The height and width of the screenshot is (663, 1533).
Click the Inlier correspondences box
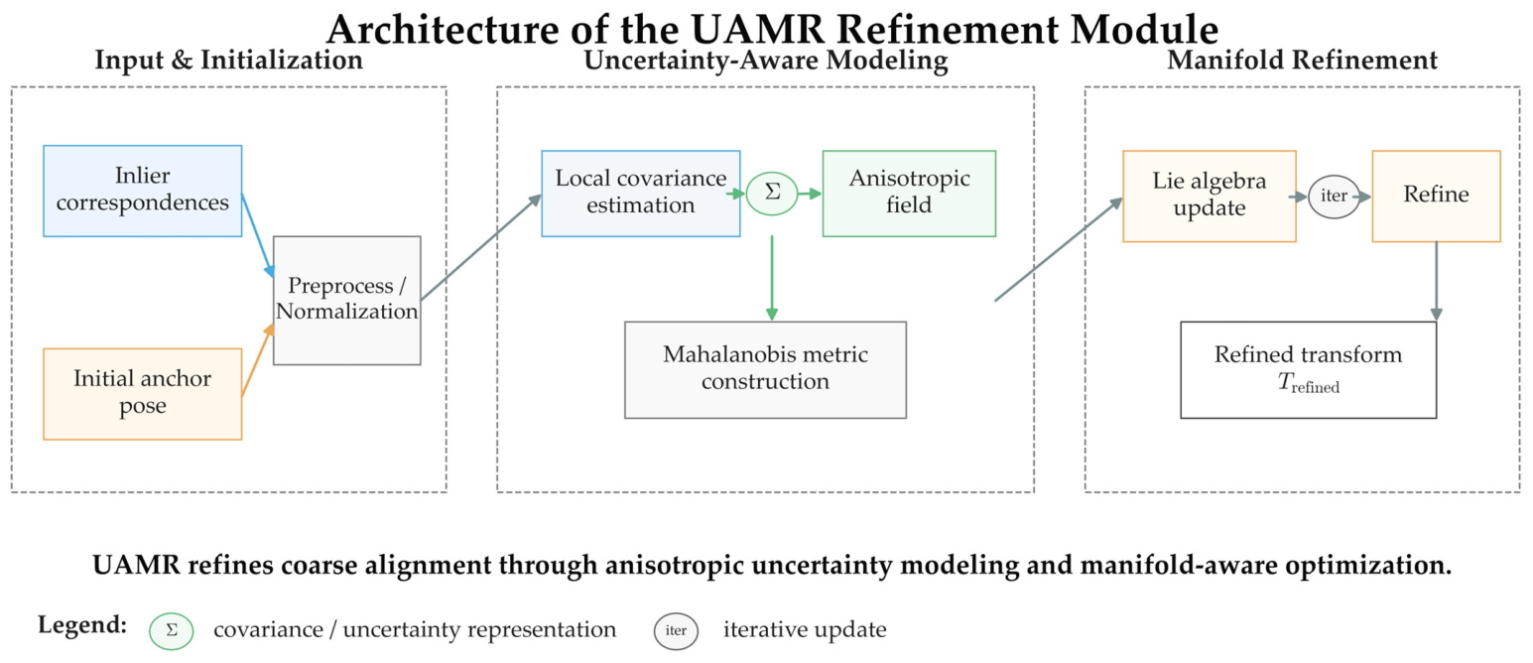click(x=142, y=192)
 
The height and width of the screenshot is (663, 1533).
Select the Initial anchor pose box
click(x=142, y=394)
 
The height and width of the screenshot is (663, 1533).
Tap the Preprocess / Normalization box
click(x=347, y=301)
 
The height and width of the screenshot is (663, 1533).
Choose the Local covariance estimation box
click(x=641, y=194)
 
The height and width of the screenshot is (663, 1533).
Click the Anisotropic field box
click(x=909, y=194)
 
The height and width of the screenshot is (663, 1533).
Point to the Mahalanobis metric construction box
click(x=765, y=370)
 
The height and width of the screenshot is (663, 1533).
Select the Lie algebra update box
click(x=1210, y=197)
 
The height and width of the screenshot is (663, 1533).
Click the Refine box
click(x=1437, y=197)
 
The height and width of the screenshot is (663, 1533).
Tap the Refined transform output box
click(x=1309, y=370)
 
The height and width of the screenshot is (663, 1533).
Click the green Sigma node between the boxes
click(x=772, y=194)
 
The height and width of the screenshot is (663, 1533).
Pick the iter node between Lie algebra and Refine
click(x=1334, y=197)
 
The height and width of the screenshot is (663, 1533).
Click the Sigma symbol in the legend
click(x=171, y=631)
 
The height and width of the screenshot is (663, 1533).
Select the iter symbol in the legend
click(x=676, y=631)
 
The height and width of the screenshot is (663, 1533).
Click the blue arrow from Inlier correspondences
click(x=258, y=235)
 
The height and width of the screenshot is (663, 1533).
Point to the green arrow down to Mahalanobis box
click(x=772, y=278)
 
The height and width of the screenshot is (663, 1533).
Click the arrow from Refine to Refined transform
click(x=1437, y=282)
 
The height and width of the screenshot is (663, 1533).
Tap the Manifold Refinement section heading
click(x=1302, y=61)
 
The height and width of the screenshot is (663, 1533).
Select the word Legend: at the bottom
click(x=82, y=624)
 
